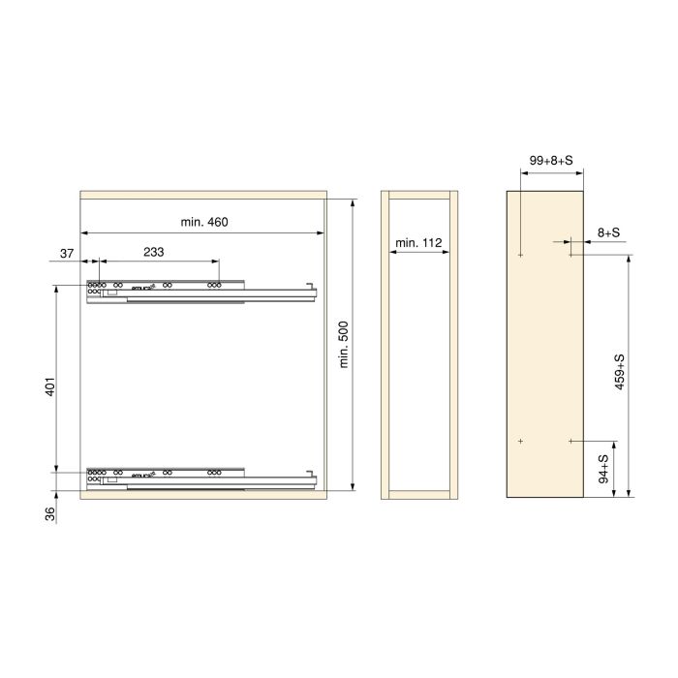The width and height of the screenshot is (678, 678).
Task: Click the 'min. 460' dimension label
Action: pos(203,223)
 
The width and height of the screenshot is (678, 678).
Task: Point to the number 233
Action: pos(153,252)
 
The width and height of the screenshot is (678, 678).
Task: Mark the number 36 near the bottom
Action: pos(49,513)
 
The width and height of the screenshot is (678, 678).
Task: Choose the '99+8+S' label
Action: pos(552,161)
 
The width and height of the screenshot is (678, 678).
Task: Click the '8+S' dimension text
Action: pos(609,232)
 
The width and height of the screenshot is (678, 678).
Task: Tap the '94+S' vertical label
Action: pos(602,470)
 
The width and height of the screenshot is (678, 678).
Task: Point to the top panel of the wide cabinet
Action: pos(202,195)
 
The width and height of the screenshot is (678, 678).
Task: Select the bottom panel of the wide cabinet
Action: pos(202,493)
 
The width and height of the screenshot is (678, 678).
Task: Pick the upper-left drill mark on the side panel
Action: pos(521,256)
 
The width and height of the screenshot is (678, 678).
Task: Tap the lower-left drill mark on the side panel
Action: pos(521,442)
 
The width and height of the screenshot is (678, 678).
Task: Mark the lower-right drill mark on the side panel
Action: pos(571,442)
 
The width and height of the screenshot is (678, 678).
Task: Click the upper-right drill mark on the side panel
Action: pos(571,256)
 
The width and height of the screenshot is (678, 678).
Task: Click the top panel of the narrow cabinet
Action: pos(419,195)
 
